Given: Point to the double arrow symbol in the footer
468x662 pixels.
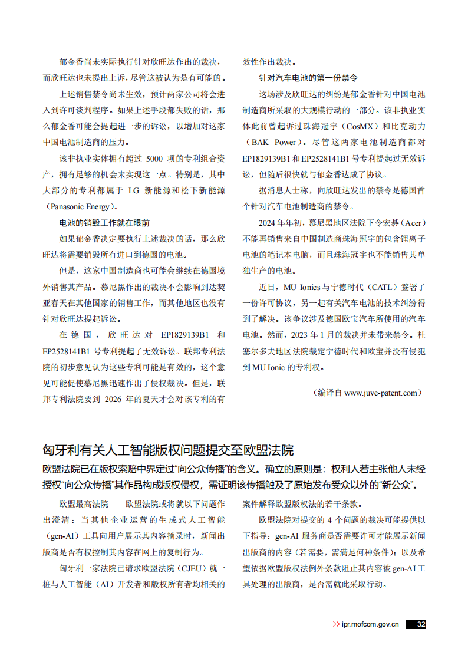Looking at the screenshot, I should coord(336,625).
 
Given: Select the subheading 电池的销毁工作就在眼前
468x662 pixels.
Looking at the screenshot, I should coord(104,223).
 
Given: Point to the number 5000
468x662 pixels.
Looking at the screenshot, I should coord(157,159).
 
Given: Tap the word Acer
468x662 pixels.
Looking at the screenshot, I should coord(412,223).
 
